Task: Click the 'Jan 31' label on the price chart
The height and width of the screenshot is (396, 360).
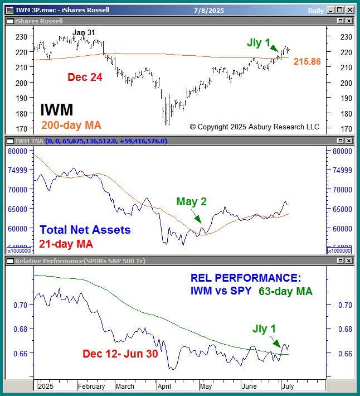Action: click(84, 32)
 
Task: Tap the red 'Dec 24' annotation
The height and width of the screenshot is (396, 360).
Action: click(85, 78)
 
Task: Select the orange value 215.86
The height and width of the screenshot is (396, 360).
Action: click(307, 62)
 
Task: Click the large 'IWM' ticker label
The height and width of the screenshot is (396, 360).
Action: click(57, 110)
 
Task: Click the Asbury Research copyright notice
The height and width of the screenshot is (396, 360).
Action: click(255, 127)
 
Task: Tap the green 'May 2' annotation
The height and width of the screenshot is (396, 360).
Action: click(192, 202)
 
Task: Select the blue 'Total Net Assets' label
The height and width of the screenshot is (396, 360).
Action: click(85, 230)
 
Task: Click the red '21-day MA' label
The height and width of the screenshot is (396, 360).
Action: click(66, 244)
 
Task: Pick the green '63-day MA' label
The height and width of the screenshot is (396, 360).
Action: click(285, 291)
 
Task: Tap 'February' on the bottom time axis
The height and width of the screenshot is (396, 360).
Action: click(91, 386)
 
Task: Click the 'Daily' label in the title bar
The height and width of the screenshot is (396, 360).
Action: click(315, 9)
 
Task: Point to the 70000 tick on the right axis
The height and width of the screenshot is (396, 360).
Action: click(341, 189)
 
